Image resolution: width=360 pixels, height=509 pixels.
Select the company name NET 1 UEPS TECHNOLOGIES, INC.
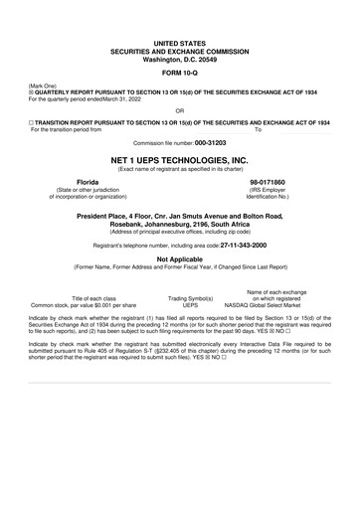(x=179, y=159)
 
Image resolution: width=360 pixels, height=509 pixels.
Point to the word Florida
(x=90, y=183)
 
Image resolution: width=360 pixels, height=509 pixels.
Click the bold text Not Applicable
(x=179, y=257)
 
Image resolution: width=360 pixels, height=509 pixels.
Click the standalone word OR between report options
(x=179, y=111)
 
